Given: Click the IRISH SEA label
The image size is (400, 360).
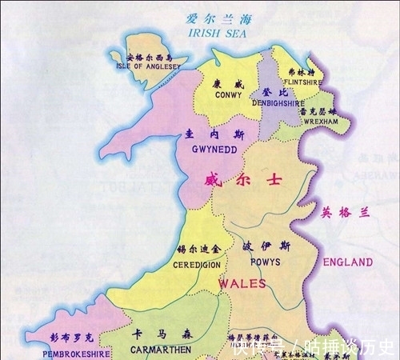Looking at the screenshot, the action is coord(215,34).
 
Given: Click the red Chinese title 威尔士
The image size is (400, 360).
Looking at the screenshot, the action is coord(232,181).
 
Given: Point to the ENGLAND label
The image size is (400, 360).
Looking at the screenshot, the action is coord(347,262).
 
